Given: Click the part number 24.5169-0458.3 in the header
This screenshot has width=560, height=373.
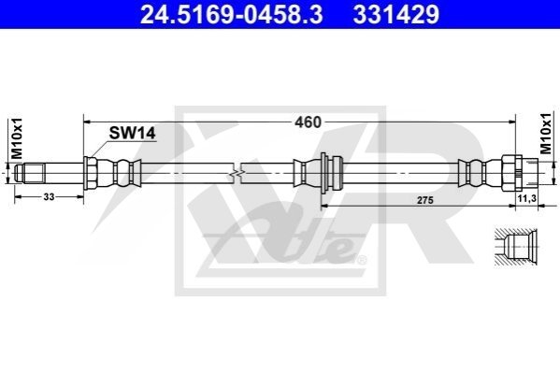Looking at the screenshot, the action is (x=232, y=15).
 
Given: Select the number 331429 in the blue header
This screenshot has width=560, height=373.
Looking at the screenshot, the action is (x=396, y=15).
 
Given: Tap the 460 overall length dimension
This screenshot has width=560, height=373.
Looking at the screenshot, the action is (x=308, y=122).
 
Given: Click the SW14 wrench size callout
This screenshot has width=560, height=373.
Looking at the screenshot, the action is (x=132, y=134).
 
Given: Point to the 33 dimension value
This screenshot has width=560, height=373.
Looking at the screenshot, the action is (x=49, y=196).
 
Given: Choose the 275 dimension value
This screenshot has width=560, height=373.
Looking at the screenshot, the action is (x=425, y=200).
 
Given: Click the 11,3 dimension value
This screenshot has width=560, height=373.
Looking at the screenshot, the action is (x=527, y=198).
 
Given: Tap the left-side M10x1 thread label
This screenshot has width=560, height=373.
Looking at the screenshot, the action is (x=17, y=138).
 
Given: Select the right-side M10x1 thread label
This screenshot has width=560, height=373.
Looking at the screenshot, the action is (x=546, y=134).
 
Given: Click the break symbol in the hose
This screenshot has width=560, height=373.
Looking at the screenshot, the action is (x=235, y=174).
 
